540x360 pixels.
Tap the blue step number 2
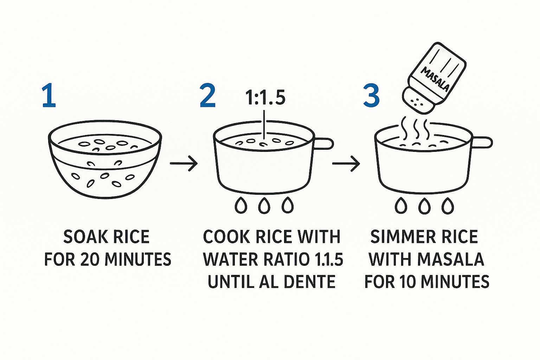tap(207, 95)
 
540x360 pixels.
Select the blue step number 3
tap(372, 95)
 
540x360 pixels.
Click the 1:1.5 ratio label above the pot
tap(265, 98)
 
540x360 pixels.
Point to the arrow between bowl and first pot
tap(184, 163)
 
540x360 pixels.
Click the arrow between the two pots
tap(346, 163)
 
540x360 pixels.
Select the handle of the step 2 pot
tap(323, 144)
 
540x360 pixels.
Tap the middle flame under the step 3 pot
tap(424, 206)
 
